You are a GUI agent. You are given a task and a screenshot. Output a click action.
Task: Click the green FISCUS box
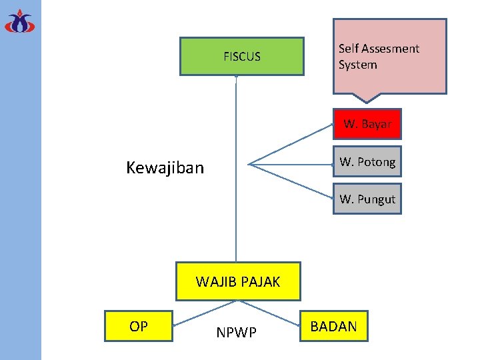point(242,56)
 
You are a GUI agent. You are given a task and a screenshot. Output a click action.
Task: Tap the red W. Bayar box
point(367,124)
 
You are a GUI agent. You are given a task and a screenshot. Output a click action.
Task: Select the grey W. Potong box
point(367,161)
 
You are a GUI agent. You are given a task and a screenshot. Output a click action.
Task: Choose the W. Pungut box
point(367,199)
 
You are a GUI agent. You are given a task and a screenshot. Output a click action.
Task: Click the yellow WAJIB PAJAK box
point(238,281)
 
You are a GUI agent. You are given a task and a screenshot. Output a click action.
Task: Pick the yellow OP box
point(139,326)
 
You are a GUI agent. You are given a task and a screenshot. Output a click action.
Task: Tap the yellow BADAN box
point(333,326)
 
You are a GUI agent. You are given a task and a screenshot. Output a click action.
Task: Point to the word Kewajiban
point(165,167)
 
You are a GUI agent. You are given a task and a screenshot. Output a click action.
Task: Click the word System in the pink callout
point(357,65)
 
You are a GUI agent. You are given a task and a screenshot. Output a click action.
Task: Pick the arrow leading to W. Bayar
point(293,145)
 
